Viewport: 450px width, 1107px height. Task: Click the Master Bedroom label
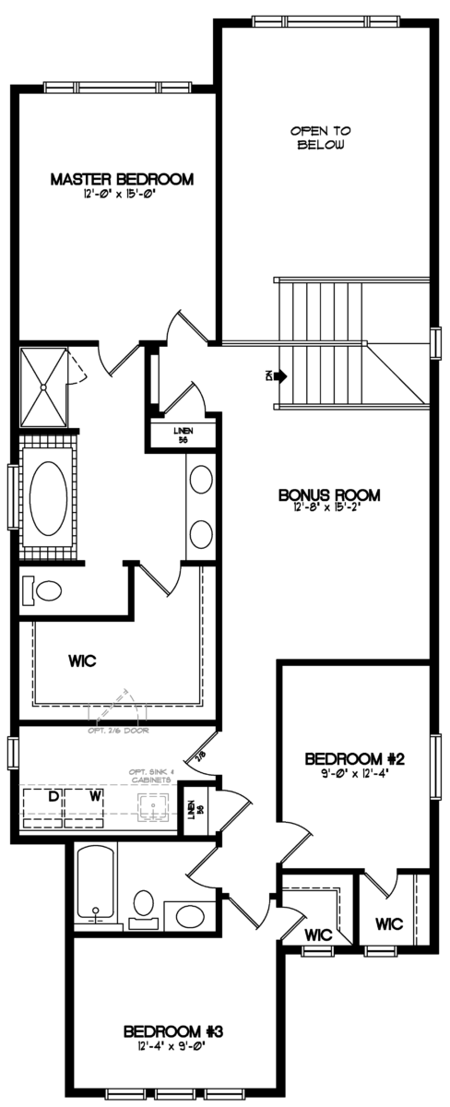coord(122,179)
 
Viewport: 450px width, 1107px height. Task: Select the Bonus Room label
coord(329,494)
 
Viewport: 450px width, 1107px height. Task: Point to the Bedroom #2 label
coord(356,758)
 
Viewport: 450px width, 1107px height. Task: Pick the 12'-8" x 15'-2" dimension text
coord(329,508)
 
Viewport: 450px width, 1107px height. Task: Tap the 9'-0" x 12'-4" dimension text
coord(356,773)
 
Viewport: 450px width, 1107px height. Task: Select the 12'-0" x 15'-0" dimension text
coord(122,195)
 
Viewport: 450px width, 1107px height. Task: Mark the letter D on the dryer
coord(53,794)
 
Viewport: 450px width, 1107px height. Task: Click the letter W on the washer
coord(95,794)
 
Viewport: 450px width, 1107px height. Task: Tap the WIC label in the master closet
coord(84,661)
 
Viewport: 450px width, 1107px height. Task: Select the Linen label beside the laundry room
coord(192,809)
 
